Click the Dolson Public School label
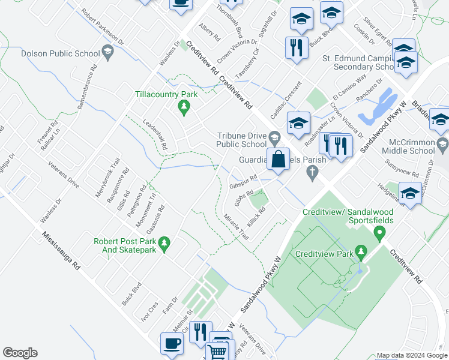coord(60,53)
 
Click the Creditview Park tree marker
coord(360,250)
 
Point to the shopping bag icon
coord(279,160)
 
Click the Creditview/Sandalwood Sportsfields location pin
coord(379,234)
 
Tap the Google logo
coord(20,353)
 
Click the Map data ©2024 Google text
coord(412,355)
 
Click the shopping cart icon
coord(217,352)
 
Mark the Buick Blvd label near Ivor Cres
coord(131,294)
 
